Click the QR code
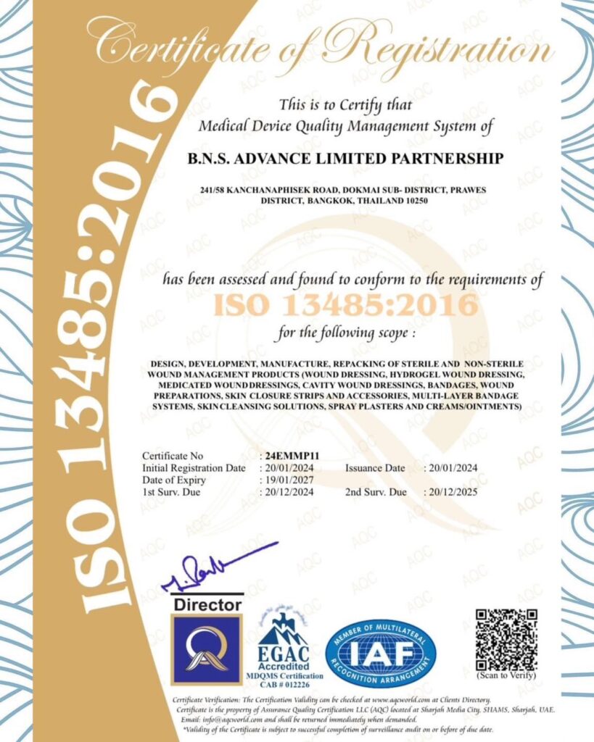[506, 638]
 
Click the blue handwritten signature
[218, 567]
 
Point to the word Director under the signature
[207, 604]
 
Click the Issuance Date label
[375, 468]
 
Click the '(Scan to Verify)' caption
[506, 675]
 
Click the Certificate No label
[173, 456]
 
